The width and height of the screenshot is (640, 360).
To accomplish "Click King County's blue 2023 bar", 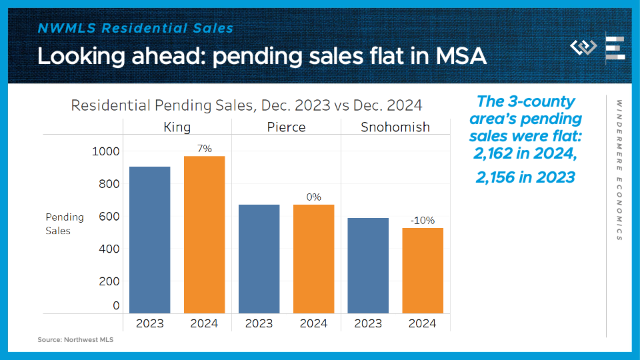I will pos(150,240).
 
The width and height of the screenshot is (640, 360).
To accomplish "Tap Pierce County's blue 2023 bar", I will pos(259,259).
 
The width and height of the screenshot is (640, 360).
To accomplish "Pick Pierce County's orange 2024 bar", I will pos(313,259).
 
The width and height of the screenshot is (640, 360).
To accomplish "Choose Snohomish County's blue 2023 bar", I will pos(368,265).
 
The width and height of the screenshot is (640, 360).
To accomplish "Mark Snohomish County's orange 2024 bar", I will pos(423,271).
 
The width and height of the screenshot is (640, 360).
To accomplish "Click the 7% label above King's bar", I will pos(205,149).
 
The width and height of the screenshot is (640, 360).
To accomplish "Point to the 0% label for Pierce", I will pos(313,197).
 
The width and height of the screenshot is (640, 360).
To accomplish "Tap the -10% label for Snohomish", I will pos(423,221).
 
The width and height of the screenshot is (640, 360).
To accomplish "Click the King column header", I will pos(177,127).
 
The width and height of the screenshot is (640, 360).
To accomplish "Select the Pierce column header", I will pos(286,127).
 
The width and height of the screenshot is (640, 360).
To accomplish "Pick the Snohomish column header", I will pos(395,127).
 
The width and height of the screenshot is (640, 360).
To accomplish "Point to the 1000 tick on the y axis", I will pos(106,151).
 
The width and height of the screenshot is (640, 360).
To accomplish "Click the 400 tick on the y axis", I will pos(109,249).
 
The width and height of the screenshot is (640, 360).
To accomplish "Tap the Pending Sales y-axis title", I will pos(65,224).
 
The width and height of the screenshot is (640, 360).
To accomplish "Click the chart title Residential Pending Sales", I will pos(247,105).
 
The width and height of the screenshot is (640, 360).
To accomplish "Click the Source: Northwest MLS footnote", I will pos(75,340).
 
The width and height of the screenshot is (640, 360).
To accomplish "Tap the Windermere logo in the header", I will pos(583,48).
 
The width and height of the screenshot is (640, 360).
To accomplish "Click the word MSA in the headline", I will pos(461,56).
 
